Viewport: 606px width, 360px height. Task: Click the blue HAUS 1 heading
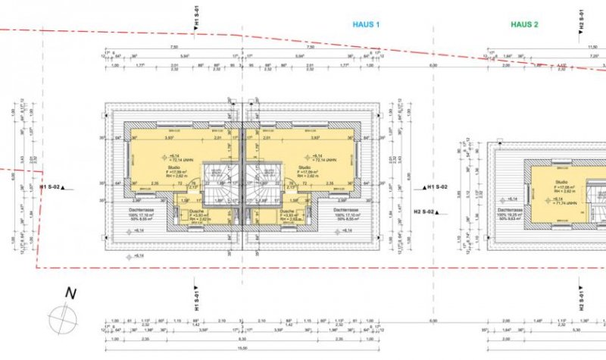366,24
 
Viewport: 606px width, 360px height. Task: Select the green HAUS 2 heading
523,24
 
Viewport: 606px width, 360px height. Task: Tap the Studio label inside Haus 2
561,182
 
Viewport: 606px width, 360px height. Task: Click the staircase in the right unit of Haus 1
265,183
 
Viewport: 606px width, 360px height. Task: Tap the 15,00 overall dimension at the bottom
242,349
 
